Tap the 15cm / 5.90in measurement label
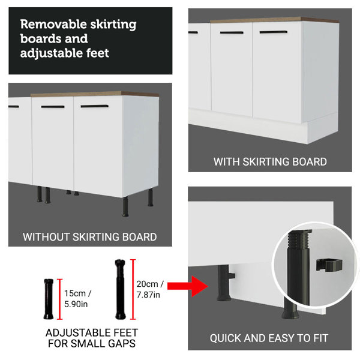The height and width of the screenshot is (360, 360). [x=77, y=299]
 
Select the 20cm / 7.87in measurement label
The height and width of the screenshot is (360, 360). [x=150, y=289]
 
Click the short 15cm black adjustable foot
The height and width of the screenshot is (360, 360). [x=49, y=299]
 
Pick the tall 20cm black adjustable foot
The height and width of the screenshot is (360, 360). [x=121, y=289]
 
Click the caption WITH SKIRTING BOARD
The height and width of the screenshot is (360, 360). [x=270, y=161]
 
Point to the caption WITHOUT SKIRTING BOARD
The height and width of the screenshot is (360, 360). [x=90, y=237]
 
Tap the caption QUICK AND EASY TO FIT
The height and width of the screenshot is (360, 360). [x=269, y=338]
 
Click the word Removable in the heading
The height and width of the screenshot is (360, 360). [x=53, y=24]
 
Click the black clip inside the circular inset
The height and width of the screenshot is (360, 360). [x=329, y=265]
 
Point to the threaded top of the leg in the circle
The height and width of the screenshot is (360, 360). [x=299, y=239]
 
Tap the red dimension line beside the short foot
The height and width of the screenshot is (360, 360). [x=59, y=299]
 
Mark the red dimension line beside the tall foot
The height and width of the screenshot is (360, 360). [x=133, y=289]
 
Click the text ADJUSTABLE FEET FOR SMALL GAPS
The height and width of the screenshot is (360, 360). [x=92, y=338]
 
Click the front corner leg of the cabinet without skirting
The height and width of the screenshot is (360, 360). [x=125, y=207]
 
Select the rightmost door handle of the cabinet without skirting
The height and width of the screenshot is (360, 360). [x=94, y=106]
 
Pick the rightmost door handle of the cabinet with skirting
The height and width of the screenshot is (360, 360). [x=273, y=32]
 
